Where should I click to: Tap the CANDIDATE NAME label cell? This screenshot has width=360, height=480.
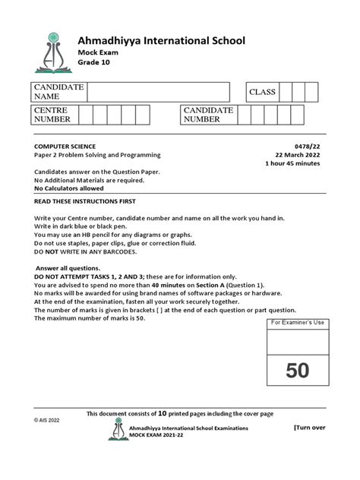tap(58, 93)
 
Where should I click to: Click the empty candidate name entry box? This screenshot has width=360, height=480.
tap(158, 93)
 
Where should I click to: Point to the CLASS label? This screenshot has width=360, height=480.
tap(264, 93)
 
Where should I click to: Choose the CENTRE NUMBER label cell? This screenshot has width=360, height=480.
tap(52, 115)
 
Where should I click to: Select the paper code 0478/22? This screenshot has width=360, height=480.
tap(311, 144)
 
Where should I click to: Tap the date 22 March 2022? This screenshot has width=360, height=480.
tap(301, 154)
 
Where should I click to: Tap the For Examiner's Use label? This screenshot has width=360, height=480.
tap(297, 323)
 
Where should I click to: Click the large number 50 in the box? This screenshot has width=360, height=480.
tap(297, 371)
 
